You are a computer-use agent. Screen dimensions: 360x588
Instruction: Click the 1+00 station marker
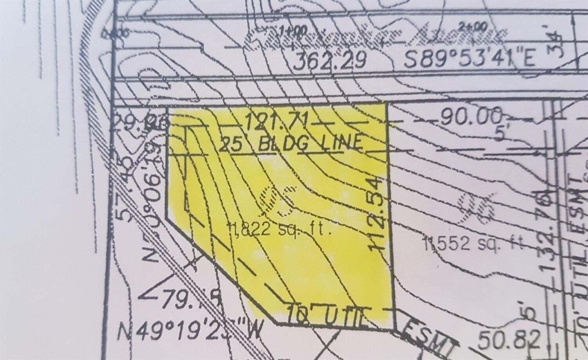(293, 30)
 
